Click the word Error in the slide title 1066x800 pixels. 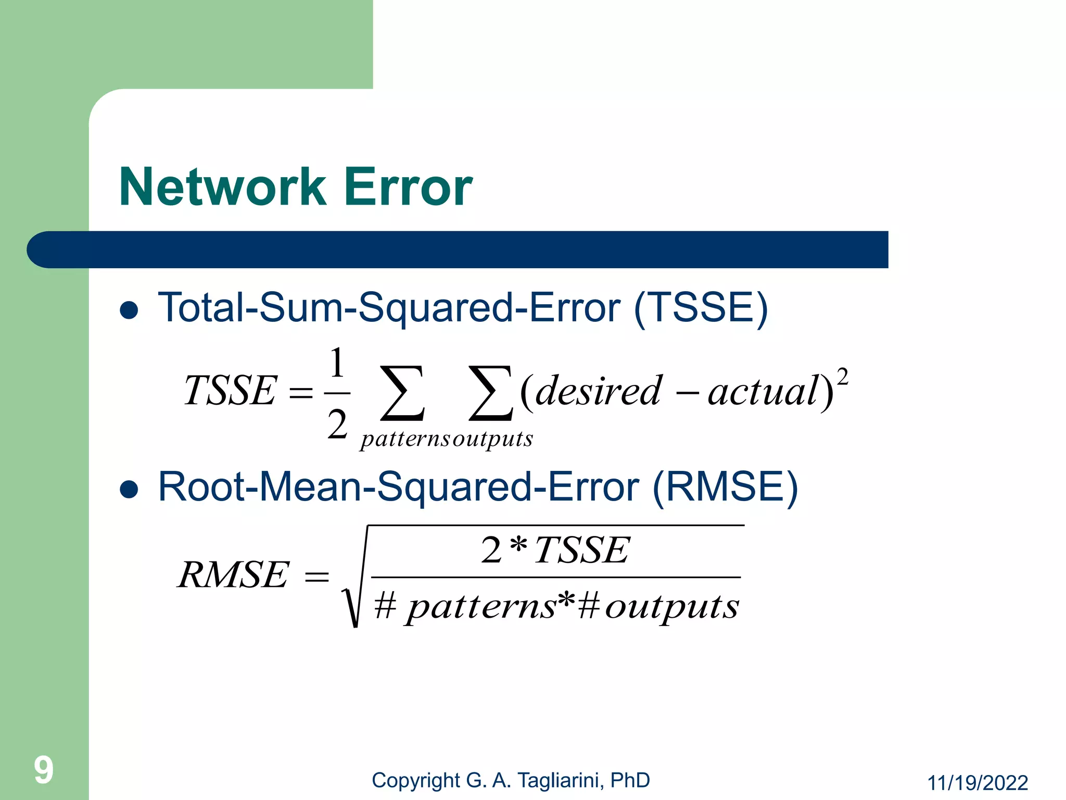tap(408, 187)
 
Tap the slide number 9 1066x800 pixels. tap(44, 770)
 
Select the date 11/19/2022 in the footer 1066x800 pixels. tap(978, 783)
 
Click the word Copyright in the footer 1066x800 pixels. tap(416, 780)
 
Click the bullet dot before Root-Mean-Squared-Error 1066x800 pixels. tap(129, 489)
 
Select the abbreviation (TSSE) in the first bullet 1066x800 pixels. tap(701, 308)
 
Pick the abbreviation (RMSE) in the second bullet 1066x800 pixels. tap(725, 487)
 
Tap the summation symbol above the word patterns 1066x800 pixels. tap(402, 393)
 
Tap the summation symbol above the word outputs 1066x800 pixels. tap(490, 393)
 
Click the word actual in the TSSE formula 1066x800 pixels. tap(763, 392)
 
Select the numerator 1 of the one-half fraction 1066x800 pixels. tap(337, 363)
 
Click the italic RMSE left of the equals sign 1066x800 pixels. tap(233, 575)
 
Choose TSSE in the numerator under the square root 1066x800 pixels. tap(582, 550)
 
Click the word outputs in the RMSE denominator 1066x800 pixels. tap(671, 607)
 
